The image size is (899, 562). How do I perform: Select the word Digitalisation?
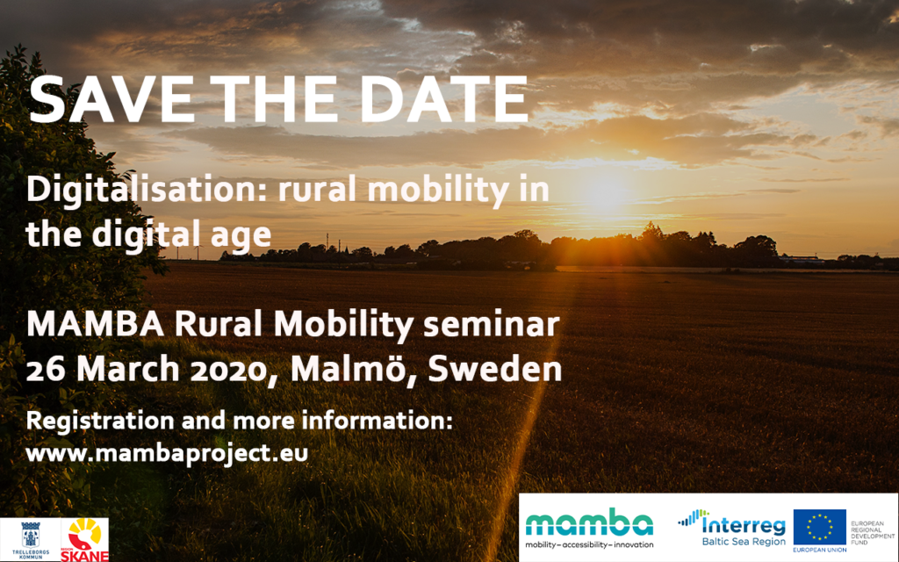(x=147, y=191)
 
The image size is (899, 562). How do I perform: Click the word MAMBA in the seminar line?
(x=95, y=324)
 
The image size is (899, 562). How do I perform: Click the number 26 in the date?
(x=46, y=370)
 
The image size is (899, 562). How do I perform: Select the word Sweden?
(x=495, y=369)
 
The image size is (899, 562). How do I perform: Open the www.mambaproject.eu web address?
(x=167, y=453)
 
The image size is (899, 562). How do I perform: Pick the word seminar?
(x=491, y=325)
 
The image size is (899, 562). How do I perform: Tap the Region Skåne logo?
(x=84, y=540)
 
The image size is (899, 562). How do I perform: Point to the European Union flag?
(x=819, y=527)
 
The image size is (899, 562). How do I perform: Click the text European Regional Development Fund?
(x=872, y=533)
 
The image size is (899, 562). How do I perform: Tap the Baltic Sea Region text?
(x=744, y=542)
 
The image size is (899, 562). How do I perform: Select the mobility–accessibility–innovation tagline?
(x=589, y=544)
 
